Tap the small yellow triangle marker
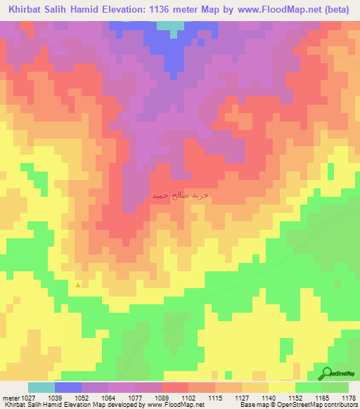(77, 285)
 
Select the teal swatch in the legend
(41, 387)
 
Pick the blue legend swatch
(68, 387)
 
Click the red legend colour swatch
(175, 387)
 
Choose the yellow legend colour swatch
(281, 387)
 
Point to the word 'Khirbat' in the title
(24, 9)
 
